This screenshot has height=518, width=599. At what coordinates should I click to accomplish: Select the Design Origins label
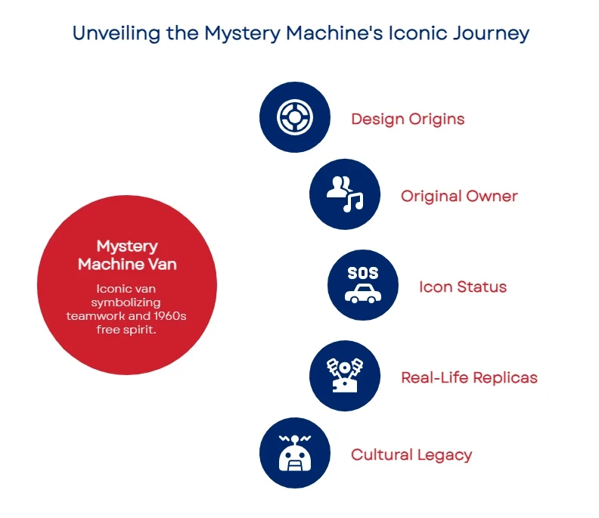tap(408, 119)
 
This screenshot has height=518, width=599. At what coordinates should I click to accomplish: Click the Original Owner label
tap(459, 196)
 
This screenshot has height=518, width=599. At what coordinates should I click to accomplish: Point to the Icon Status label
tap(463, 287)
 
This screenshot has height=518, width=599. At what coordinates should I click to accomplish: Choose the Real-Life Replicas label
tap(469, 377)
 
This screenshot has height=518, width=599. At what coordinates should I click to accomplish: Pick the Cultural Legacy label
tap(411, 454)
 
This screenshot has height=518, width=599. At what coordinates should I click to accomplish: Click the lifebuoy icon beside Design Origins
tap(294, 117)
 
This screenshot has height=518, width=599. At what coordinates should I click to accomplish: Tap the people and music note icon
tap(344, 194)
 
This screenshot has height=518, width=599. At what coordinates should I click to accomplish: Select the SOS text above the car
tap(362, 273)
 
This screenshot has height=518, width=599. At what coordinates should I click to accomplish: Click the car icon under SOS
tap(362, 294)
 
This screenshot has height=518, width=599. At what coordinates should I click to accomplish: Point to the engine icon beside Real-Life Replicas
tap(344, 375)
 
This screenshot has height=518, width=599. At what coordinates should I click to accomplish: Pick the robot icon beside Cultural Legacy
tap(294, 454)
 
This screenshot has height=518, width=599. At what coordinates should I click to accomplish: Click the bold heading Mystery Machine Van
tap(127, 255)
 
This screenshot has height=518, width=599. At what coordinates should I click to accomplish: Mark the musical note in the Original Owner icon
tap(353, 201)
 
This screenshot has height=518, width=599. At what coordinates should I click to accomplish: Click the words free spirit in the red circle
tap(127, 329)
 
